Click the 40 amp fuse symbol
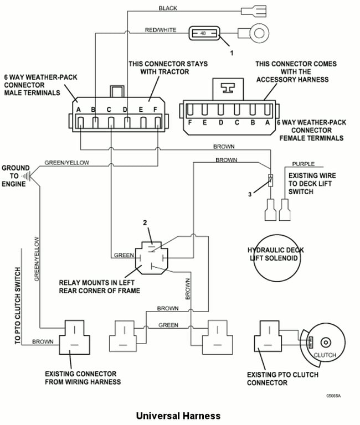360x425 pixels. point(204,33)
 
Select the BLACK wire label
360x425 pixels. point(168,8)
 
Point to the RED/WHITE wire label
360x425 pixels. point(160,30)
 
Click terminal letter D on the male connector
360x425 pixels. point(125,110)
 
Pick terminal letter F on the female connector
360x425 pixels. point(190,122)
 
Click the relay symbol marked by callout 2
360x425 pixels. point(151,258)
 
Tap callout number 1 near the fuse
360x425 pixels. point(232,53)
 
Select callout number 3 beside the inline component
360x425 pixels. point(250,194)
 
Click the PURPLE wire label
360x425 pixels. point(303,164)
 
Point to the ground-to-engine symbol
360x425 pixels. point(27,176)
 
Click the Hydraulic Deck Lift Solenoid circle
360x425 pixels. point(277,258)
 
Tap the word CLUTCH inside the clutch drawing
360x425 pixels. point(325,355)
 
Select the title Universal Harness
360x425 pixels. point(178,416)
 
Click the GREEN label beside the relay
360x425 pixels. point(124,255)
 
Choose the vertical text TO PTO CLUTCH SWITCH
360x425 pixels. point(18,305)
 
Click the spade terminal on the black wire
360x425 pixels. point(254,12)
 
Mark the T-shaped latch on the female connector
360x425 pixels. point(228,88)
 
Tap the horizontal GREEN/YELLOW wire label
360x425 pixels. point(66,163)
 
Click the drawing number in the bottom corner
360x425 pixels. point(333,396)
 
